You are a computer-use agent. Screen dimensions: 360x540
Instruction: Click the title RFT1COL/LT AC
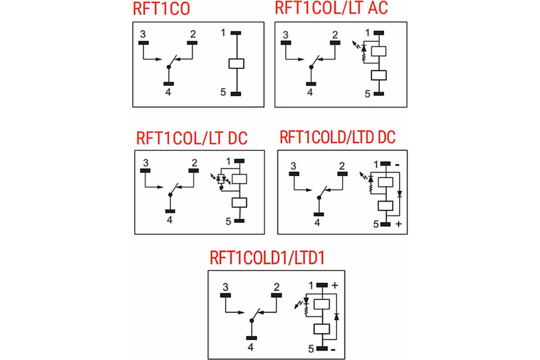[331, 9]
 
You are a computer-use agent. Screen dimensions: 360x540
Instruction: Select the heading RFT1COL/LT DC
[191, 138]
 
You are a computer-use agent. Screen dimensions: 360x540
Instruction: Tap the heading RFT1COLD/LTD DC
[337, 137]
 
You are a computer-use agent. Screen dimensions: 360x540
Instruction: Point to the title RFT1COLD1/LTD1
[267, 258]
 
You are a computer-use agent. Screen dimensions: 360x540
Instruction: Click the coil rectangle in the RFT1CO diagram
[236, 63]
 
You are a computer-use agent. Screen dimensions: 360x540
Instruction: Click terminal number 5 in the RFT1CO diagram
[223, 92]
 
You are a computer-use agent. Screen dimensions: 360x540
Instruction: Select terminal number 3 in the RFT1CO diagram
[143, 34]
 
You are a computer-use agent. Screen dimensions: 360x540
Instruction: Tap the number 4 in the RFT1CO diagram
[168, 93]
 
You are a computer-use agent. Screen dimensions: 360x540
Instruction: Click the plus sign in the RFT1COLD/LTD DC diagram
[398, 224]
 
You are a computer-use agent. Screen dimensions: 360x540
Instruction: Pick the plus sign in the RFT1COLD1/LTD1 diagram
[335, 285]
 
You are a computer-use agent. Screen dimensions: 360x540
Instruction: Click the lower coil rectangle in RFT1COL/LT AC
[379, 75]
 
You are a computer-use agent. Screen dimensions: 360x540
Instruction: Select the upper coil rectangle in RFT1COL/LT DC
[239, 179]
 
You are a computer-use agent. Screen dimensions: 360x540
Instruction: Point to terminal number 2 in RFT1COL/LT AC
[334, 35]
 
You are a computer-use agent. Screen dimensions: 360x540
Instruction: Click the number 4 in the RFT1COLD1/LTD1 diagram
[250, 347]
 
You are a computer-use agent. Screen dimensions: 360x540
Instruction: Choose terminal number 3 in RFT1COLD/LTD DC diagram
[293, 166]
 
